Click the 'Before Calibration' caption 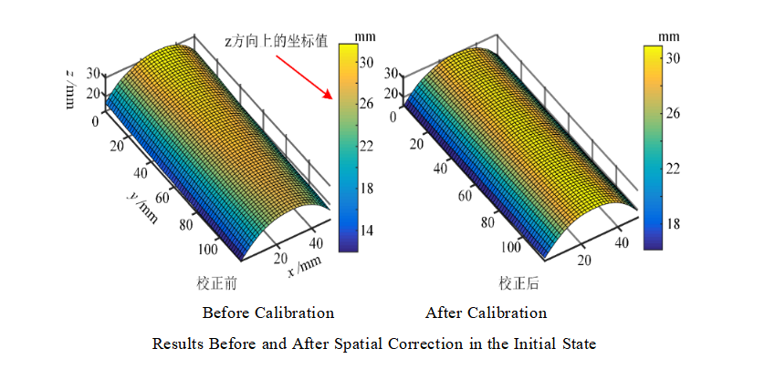click(268, 313)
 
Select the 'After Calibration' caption click(486, 313)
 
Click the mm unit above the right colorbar click(669, 36)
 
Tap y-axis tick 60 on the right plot click(464, 196)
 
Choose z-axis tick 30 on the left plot click(89, 74)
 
